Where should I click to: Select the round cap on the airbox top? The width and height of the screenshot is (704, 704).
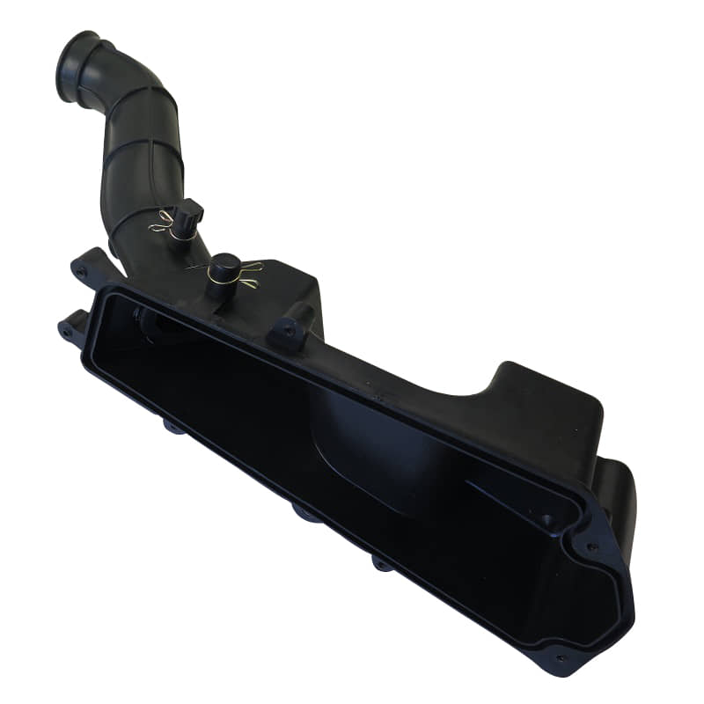pos(224,266)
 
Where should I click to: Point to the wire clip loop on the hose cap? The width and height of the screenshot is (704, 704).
pos(162,225)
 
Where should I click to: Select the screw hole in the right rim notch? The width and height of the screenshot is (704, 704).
pos(591,546)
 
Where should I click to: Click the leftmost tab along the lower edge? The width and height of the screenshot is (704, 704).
pos(171,428)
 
